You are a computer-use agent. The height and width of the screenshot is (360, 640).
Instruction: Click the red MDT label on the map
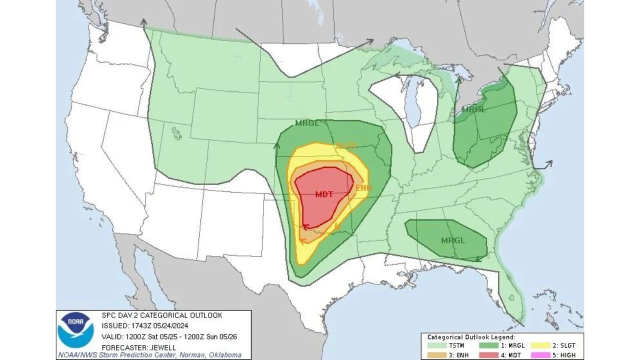pyautogui.click(x=324, y=194)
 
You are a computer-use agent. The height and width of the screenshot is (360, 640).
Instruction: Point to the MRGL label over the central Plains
pyautogui.click(x=307, y=123)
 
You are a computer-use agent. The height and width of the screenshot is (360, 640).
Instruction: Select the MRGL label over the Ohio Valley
pyautogui.click(x=473, y=109)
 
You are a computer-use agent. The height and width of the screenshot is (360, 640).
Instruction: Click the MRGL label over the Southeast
pyautogui.click(x=453, y=240)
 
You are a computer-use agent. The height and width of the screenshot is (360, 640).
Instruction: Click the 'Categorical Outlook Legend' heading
pyautogui.click(x=471, y=337)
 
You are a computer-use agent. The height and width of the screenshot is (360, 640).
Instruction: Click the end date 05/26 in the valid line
pyautogui.click(x=229, y=336)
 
